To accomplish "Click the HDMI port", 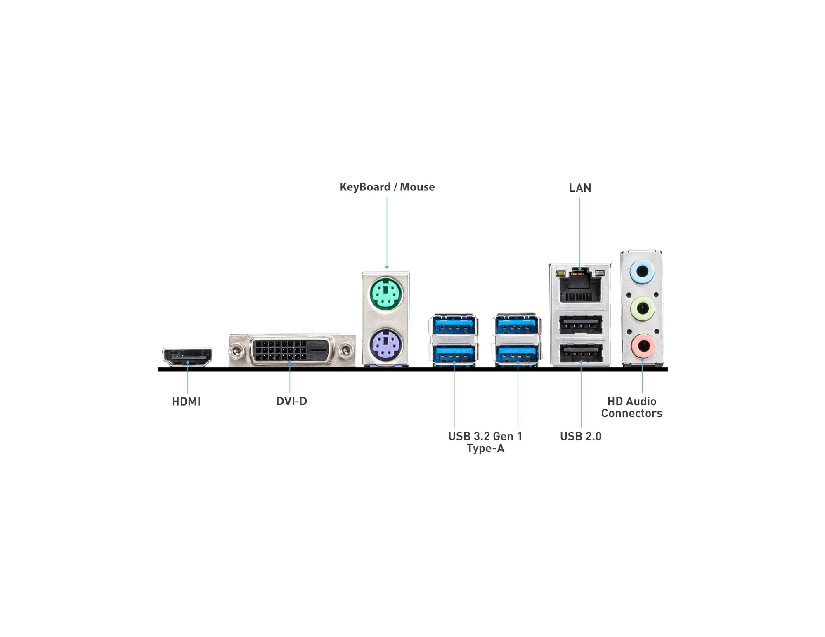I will click(187, 357).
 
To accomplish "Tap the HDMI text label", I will click(186, 402).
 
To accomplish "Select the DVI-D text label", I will click(291, 401).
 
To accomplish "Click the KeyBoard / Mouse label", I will click(387, 187).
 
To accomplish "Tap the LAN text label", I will click(579, 188).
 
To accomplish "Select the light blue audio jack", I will click(642, 272).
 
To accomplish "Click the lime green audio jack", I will click(642, 308).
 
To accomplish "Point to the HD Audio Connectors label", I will click(631, 407).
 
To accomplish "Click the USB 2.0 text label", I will click(580, 436).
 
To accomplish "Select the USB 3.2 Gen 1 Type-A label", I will click(485, 442).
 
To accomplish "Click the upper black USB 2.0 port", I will click(580, 324).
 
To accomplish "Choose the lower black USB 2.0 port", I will click(580, 353).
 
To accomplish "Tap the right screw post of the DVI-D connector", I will click(345, 351).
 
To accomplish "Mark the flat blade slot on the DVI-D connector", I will click(319, 350).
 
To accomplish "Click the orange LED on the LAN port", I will click(560, 273).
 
